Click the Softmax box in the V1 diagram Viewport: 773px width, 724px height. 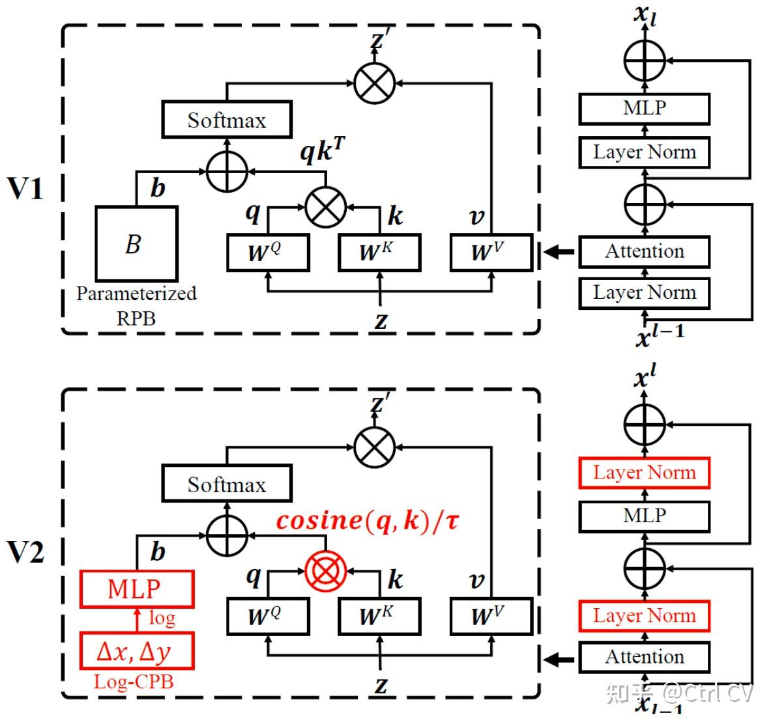pos(227,120)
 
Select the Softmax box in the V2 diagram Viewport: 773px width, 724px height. pos(227,484)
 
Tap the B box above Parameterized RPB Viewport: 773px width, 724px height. pos(137,244)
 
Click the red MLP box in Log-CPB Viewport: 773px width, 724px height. pos(137,589)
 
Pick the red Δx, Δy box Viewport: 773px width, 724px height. pos(137,651)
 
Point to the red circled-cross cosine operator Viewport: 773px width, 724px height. pos(325,571)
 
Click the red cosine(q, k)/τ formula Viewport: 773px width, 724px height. pos(368,521)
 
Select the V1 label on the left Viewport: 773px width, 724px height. pos(25,188)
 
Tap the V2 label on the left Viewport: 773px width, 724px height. pos(25,552)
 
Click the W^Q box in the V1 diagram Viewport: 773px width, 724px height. pos(268,253)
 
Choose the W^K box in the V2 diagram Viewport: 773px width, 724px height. pos(379,617)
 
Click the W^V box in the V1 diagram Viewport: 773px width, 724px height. pos(491,253)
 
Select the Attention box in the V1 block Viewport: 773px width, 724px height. pos(645,252)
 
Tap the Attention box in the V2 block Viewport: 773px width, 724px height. pos(645,657)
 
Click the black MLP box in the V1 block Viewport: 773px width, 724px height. pos(645,108)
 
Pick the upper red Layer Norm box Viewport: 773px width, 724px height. pos(645,473)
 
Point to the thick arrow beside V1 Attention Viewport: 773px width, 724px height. pos(559,252)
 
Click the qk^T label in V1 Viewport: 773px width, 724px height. pos(323,150)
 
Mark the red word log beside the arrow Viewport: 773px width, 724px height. pos(162,618)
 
